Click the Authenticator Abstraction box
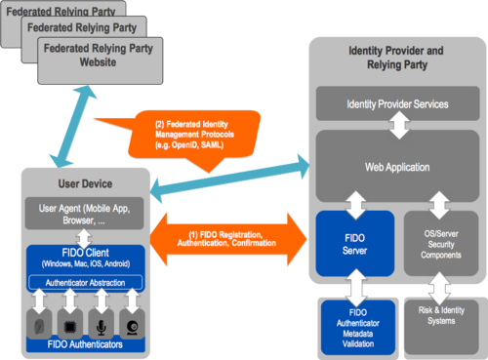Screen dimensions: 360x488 click(86, 283)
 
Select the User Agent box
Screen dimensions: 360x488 click(86, 214)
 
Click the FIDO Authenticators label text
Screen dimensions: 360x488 click(86, 344)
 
